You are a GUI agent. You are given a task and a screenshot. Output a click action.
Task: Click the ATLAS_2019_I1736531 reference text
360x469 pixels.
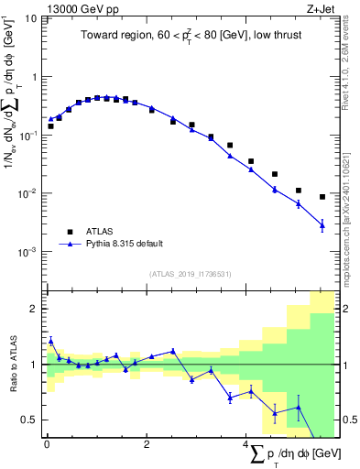click(x=190, y=273)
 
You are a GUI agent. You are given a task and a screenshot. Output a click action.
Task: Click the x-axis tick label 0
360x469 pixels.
click(x=47, y=444)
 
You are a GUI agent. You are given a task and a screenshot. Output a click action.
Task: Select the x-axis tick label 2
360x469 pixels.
click(x=147, y=444)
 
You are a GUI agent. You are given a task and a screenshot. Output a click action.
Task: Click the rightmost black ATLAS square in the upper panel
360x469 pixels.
click(x=322, y=197)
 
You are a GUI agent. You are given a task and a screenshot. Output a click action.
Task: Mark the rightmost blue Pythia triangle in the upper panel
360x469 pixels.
click(x=322, y=224)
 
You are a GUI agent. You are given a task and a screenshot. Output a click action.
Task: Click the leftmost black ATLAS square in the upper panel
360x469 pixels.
click(x=50, y=126)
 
